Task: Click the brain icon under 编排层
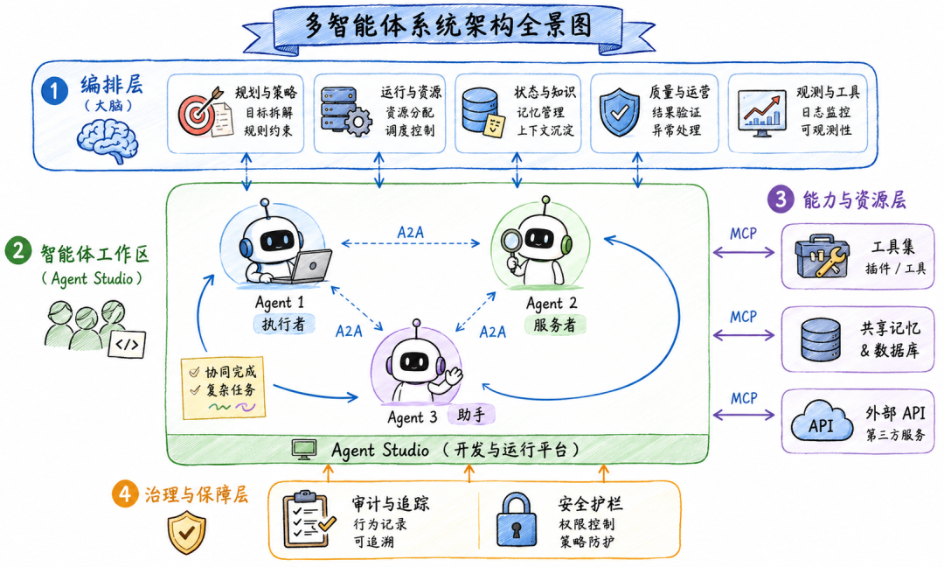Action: tap(108, 140)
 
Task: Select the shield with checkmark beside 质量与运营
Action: tap(620, 111)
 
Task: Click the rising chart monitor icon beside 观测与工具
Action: tap(761, 113)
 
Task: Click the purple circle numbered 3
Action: tap(781, 199)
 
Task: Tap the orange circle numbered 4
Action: tap(125, 494)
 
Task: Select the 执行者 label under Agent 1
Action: tap(283, 324)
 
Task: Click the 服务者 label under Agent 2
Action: tap(554, 325)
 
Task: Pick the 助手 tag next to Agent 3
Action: tap(471, 415)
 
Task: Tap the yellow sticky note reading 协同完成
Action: tap(224, 388)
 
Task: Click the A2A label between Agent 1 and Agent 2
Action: tap(411, 232)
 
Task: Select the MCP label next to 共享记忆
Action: tap(744, 317)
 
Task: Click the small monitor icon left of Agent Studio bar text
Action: tap(305, 450)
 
